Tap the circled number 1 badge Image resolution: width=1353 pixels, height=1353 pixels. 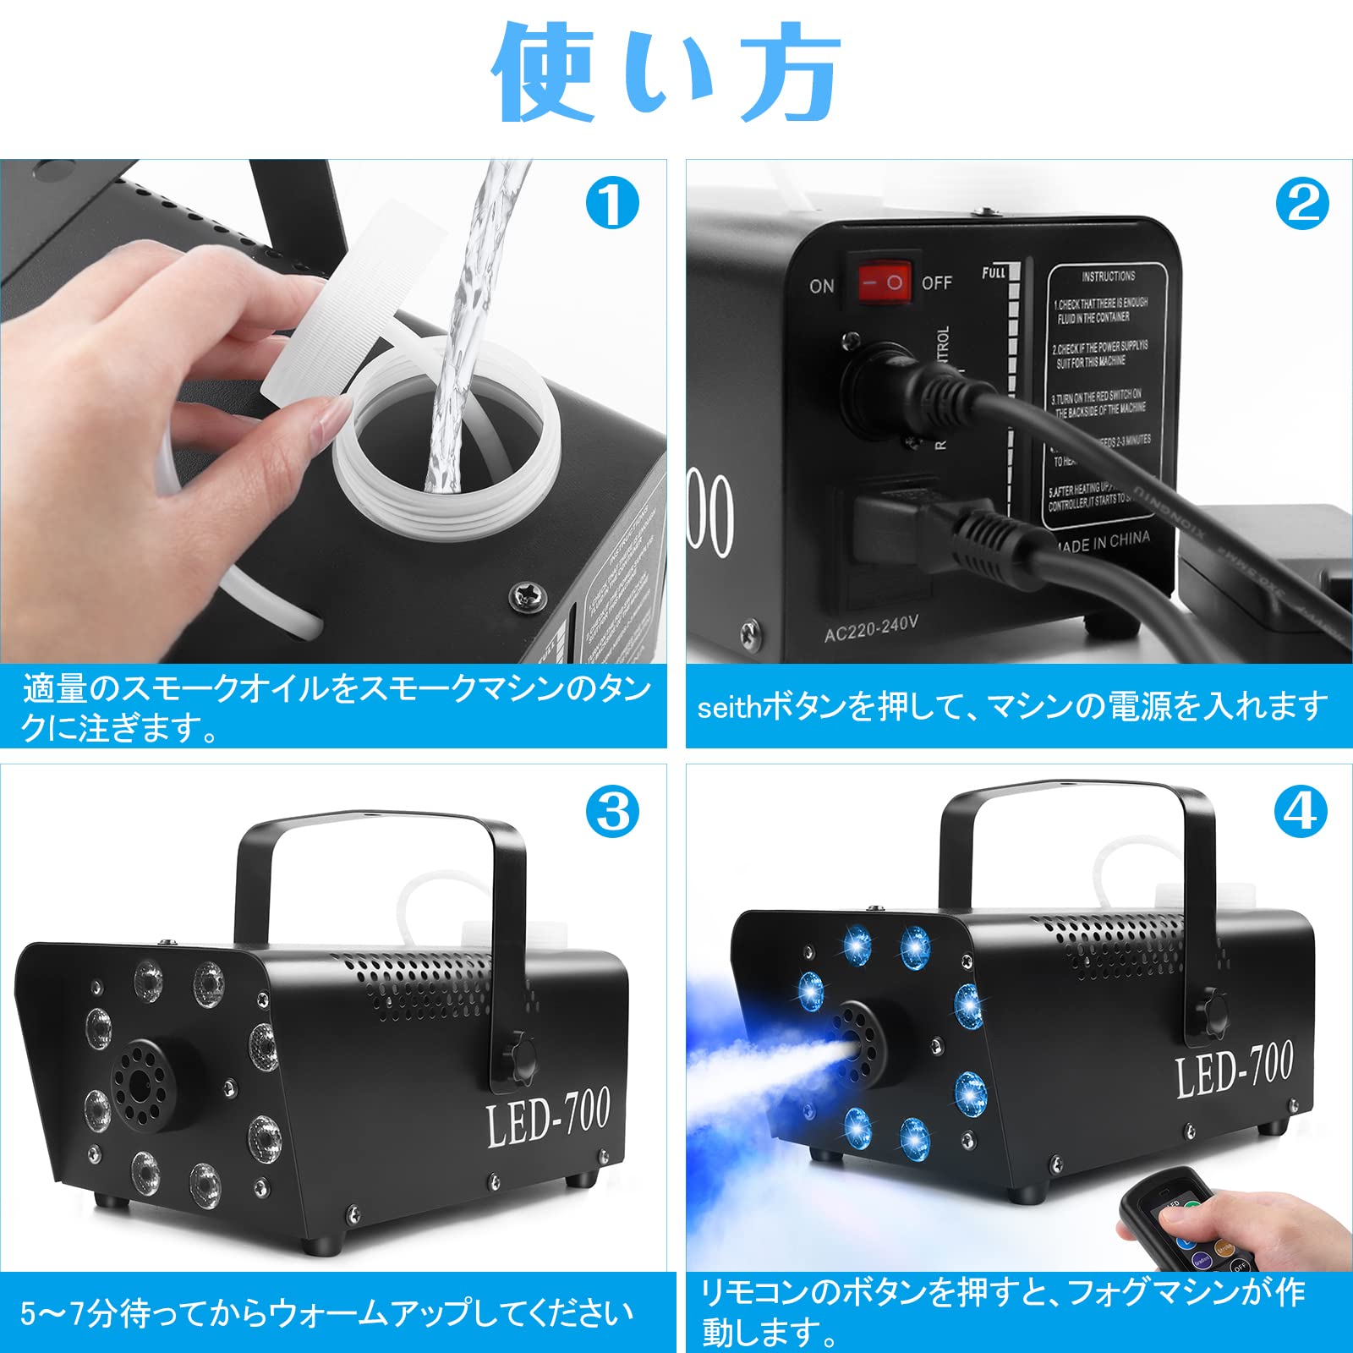(x=612, y=204)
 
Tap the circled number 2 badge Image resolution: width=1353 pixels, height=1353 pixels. (x=1302, y=204)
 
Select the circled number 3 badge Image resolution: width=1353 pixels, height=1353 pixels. (x=612, y=813)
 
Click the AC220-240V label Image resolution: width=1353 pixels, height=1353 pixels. (x=871, y=627)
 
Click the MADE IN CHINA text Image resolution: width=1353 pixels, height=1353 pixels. (x=1101, y=541)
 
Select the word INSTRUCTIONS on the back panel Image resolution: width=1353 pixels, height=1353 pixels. (x=1108, y=277)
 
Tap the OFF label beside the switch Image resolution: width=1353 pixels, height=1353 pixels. (x=936, y=282)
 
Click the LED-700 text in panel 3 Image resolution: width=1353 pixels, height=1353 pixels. (x=548, y=1119)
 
